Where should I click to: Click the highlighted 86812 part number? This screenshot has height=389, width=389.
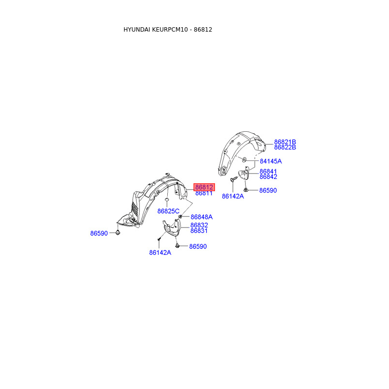[204, 187]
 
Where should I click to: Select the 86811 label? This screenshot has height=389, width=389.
[204, 194]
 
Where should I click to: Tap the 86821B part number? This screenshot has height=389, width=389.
[285, 141]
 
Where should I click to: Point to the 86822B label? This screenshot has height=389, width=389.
[285, 147]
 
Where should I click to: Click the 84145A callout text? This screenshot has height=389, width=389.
[270, 161]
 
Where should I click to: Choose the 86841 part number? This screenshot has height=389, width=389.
[268, 172]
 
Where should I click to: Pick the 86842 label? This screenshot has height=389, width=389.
[268, 177]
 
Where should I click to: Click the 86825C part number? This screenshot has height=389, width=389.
[168, 211]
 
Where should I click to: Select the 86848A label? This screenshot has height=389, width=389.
[201, 217]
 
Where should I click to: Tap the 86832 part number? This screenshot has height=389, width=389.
[199, 225]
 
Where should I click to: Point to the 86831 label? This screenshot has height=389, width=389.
[199, 231]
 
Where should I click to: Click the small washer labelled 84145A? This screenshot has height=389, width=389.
[244, 160]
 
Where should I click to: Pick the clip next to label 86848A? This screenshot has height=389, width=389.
[180, 216]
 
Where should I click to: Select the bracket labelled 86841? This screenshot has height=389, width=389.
[245, 175]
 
